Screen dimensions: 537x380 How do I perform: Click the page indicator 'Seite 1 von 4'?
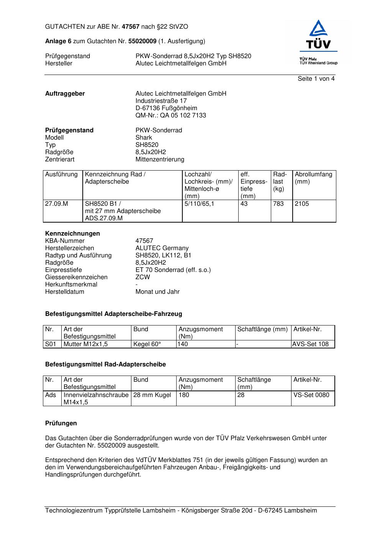pyautogui.click(x=316, y=79)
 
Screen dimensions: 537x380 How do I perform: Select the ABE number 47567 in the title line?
pyautogui.click(x=131, y=27)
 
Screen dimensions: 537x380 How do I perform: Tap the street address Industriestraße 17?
pyautogui.click(x=161, y=101)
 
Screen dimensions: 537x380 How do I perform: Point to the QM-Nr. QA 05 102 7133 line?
pyautogui.click(x=170, y=116)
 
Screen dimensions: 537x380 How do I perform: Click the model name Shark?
pyautogui.click(x=144, y=138)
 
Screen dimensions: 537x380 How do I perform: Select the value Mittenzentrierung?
pyautogui.click(x=160, y=159)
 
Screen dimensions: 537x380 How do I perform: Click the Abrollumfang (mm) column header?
pyautogui.click(x=313, y=178)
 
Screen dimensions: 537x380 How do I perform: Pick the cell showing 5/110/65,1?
pyautogui.click(x=199, y=204)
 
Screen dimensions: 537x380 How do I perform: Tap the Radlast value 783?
pyautogui.click(x=278, y=204)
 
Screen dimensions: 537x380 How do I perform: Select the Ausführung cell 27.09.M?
pyautogui.click(x=56, y=204)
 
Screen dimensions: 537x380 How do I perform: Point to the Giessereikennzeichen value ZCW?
pyautogui.click(x=142, y=277)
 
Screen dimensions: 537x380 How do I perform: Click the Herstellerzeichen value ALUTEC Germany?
pyautogui.click(x=162, y=248)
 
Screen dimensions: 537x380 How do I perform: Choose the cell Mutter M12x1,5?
pyautogui.click(x=85, y=344)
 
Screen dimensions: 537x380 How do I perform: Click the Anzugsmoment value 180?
pyautogui.click(x=184, y=395)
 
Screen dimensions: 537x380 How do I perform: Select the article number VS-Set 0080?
pyautogui.click(x=311, y=395)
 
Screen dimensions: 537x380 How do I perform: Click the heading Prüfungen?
pyautogui.click(x=61, y=423)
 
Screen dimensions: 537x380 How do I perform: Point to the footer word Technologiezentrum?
pyautogui.click(x=74, y=511)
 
